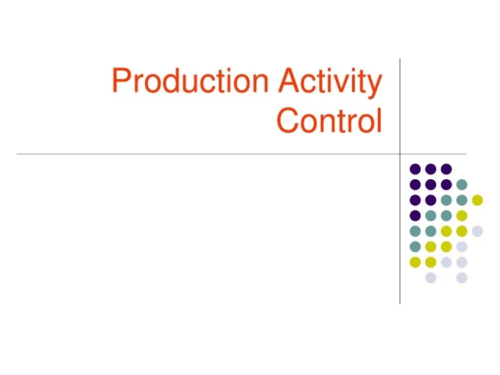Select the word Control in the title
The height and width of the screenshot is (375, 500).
(329, 121)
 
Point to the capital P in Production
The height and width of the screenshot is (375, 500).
(121, 82)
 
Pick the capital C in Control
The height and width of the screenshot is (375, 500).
(287, 121)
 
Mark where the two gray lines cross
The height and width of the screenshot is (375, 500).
(400, 153)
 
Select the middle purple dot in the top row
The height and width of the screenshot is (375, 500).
(431, 169)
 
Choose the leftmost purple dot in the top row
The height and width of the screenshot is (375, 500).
(415, 169)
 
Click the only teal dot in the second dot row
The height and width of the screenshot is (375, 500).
(462, 184)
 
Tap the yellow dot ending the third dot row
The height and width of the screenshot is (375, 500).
(477, 200)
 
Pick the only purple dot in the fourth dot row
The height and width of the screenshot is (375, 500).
(415, 215)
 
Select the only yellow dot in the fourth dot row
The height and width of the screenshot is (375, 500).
(462, 215)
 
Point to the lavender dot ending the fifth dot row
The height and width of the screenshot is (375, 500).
(477, 231)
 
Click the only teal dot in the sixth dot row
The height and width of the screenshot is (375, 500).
(415, 247)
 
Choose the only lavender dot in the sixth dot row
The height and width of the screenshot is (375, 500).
(462, 247)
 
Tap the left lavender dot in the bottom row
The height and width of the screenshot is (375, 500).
(431, 278)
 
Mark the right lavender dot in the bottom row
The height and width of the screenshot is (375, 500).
(462, 278)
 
